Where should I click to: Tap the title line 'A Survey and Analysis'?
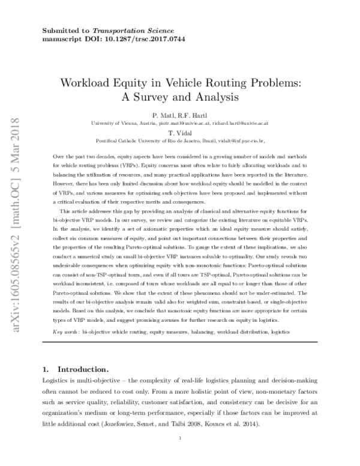[179, 95]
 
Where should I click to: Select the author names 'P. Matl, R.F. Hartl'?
[179, 114]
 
